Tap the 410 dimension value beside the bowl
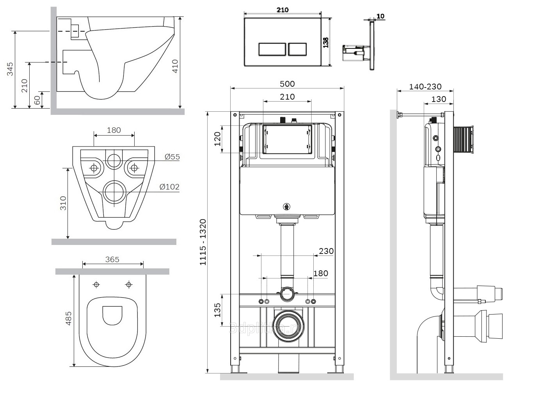click(175, 66)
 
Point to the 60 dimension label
click(37, 100)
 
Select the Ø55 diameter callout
click(172, 157)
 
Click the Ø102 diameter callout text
click(170, 187)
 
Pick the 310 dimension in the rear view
click(63, 203)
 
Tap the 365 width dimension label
click(112, 259)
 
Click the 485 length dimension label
click(69, 318)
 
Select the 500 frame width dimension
click(288, 84)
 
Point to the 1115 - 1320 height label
click(203, 242)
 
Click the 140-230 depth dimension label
click(425, 87)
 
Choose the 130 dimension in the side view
click(439, 99)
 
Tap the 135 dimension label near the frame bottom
click(217, 310)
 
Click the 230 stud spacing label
click(326, 251)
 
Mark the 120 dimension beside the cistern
click(217, 139)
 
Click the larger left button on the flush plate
click(272, 49)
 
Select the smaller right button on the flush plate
click(297, 49)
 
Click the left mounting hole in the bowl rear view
click(94, 168)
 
